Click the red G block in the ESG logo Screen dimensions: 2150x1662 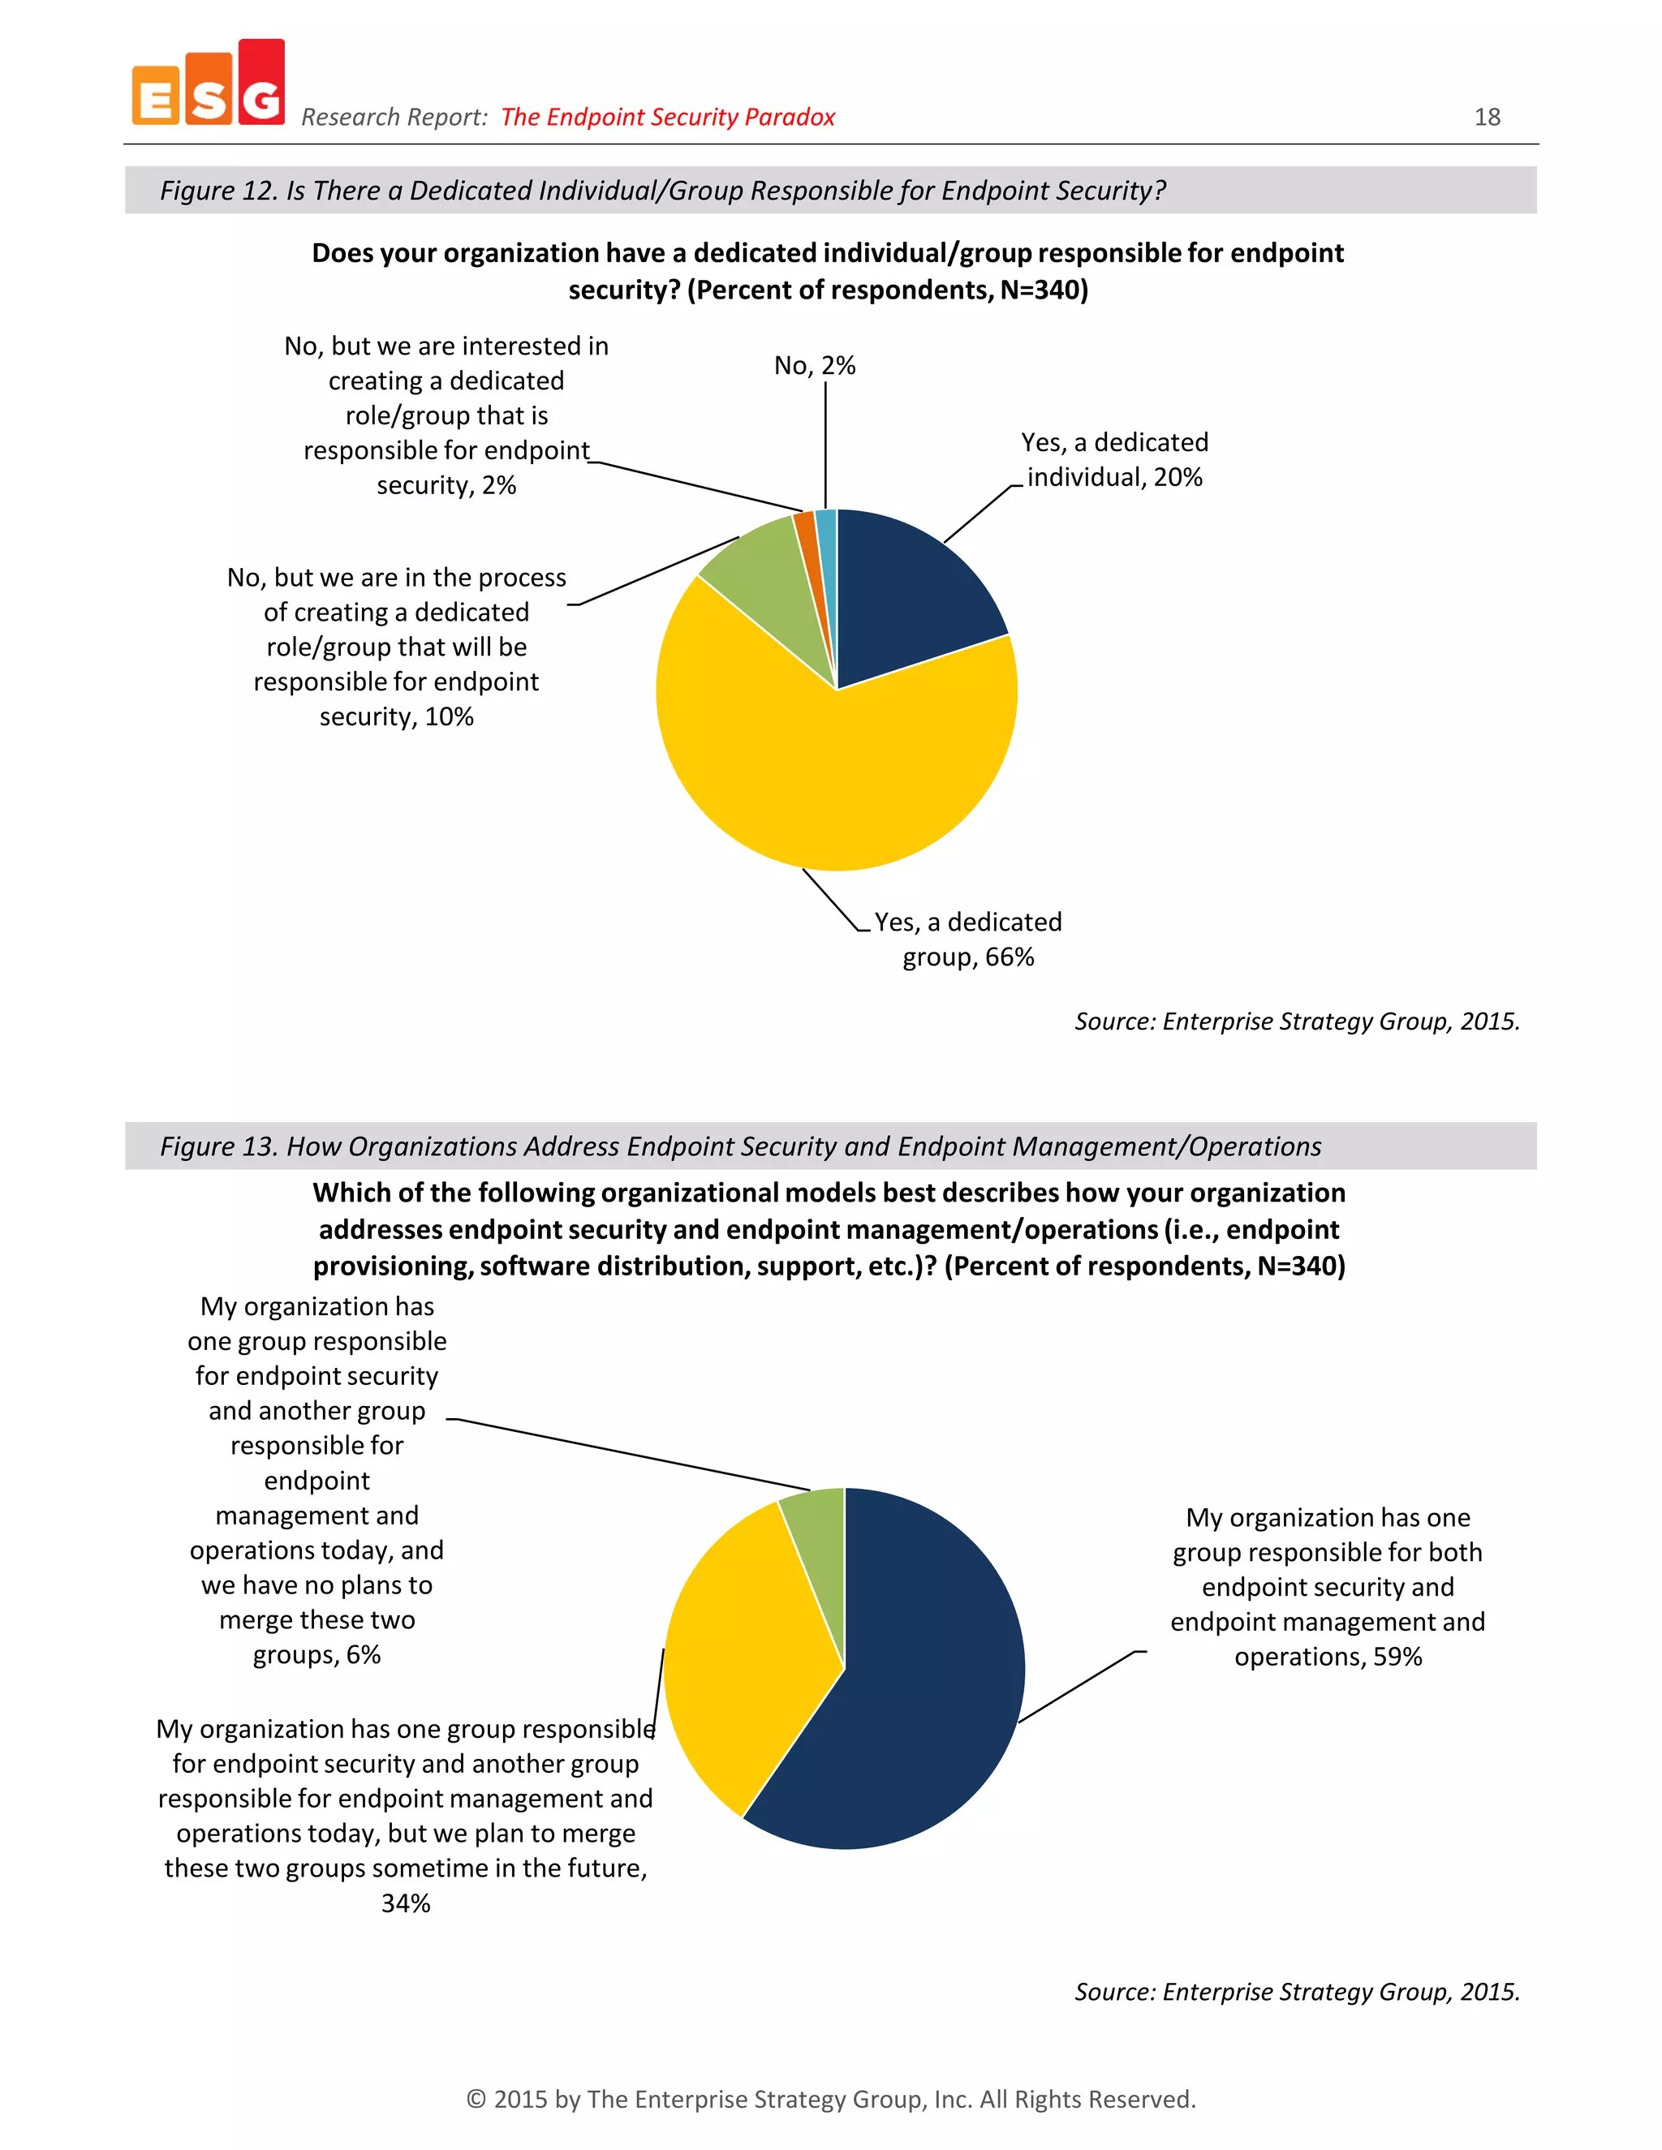(x=261, y=84)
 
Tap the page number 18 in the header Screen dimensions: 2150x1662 (x=1487, y=117)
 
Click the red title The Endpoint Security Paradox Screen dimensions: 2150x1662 (x=668, y=117)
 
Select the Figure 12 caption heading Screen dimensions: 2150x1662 (x=663, y=190)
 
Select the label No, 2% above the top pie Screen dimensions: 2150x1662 (x=814, y=365)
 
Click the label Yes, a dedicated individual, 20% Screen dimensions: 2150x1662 (x=1114, y=460)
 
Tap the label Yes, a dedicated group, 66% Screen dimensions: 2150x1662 (x=968, y=940)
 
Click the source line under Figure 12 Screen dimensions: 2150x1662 (x=1297, y=1021)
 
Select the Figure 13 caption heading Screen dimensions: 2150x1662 (x=740, y=1146)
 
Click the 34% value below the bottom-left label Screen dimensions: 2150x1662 (x=406, y=1903)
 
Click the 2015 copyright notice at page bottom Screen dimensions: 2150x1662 (x=831, y=2099)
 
